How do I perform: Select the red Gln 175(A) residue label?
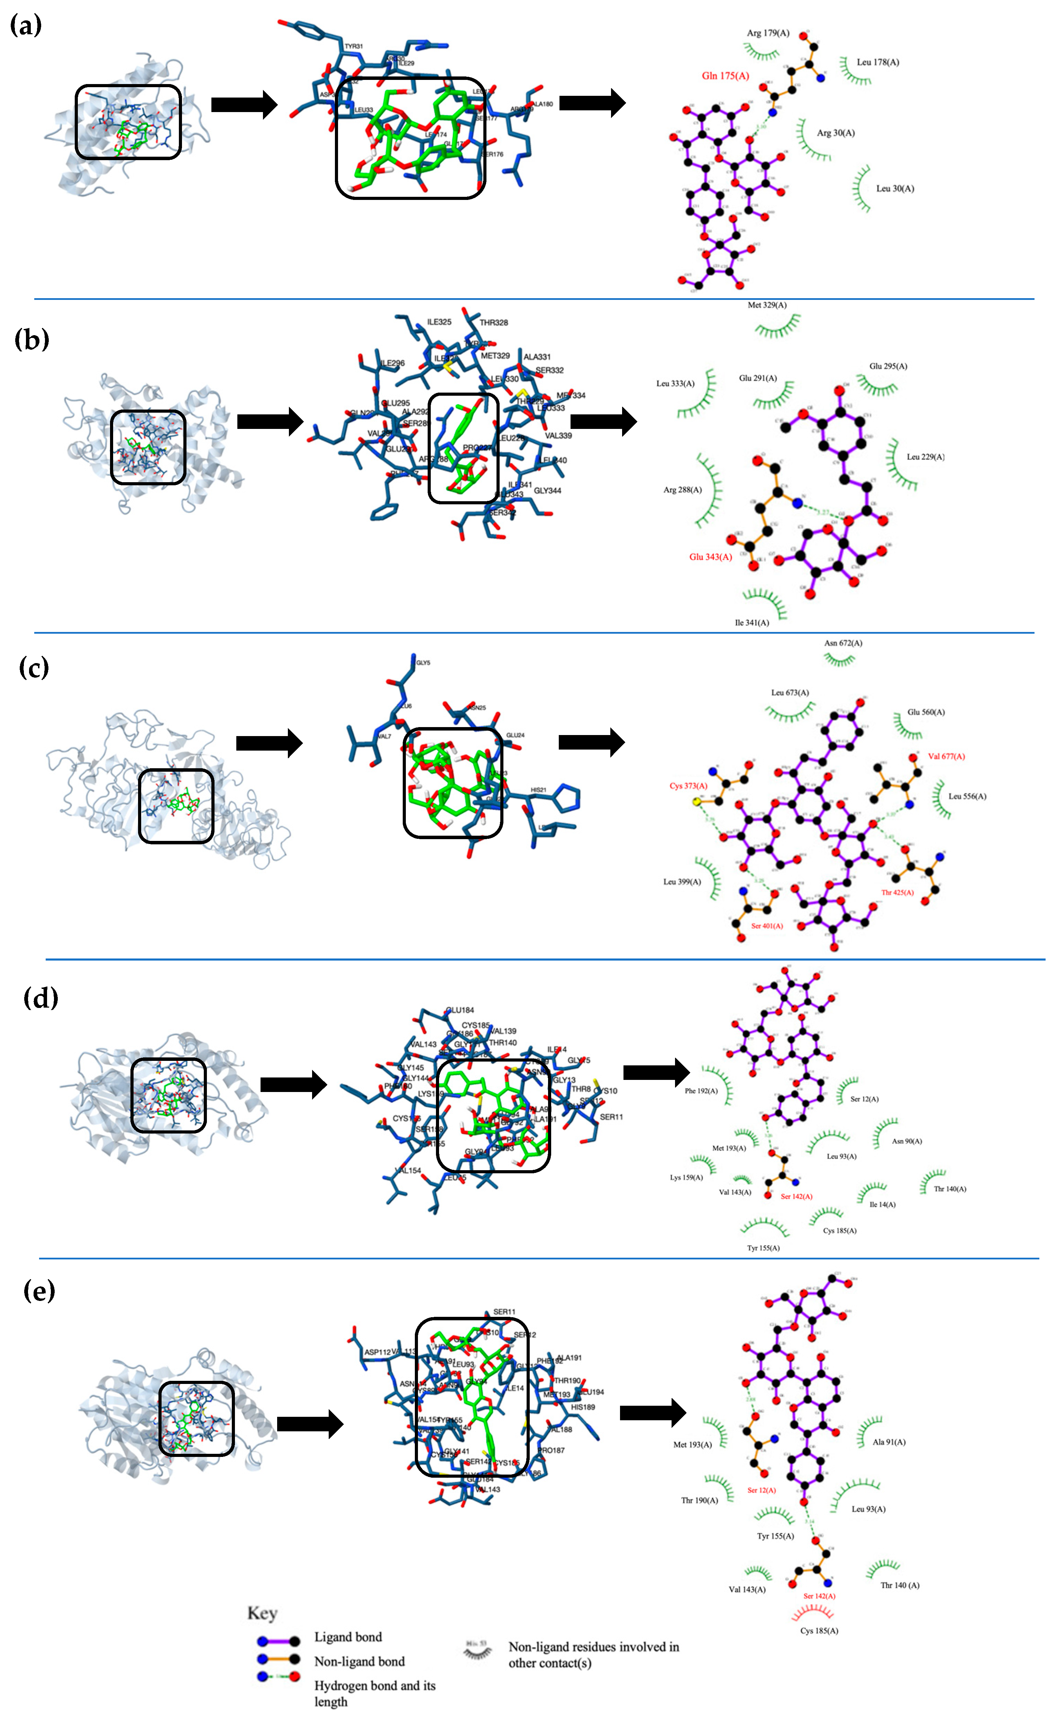(x=725, y=76)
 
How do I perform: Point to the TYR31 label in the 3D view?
(x=354, y=46)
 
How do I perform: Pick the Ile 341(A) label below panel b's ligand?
(x=751, y=622)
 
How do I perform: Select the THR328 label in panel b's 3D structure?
(x=494, y=323)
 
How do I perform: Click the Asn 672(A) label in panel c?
(x=842, y=643)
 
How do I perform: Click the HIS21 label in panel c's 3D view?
(x=538, y=790)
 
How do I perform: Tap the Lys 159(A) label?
(x=686, y=1177)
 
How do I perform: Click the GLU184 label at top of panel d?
(x=460, y=1010)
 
